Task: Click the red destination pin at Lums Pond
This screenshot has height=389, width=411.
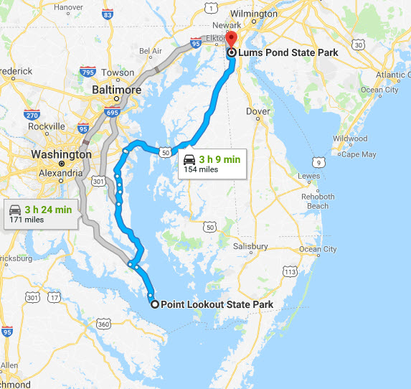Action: click(x=230, y=40)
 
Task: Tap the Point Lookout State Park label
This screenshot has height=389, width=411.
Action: click(x=217, y=304)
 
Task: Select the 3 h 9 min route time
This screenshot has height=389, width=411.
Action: click(x=219, y=159)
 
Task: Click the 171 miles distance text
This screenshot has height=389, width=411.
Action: click(x=27, y=220)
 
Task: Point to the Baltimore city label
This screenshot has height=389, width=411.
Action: click(x=115, y=90)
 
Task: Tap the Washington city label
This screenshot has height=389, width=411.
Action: click(x=61, y=154)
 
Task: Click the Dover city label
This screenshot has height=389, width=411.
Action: click(x=258, y=111)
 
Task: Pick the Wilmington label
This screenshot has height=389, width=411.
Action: click(x=253, y=14)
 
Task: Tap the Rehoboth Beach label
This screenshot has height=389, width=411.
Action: click(x=318, y=201)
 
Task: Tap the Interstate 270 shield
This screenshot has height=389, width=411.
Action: click(x=32, y=114)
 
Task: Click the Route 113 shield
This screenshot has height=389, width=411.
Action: click(x=290, y=271)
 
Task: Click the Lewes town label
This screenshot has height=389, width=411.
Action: click(x=308, y=176)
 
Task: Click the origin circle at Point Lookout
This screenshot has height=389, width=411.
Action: click(x=155, y=304)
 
